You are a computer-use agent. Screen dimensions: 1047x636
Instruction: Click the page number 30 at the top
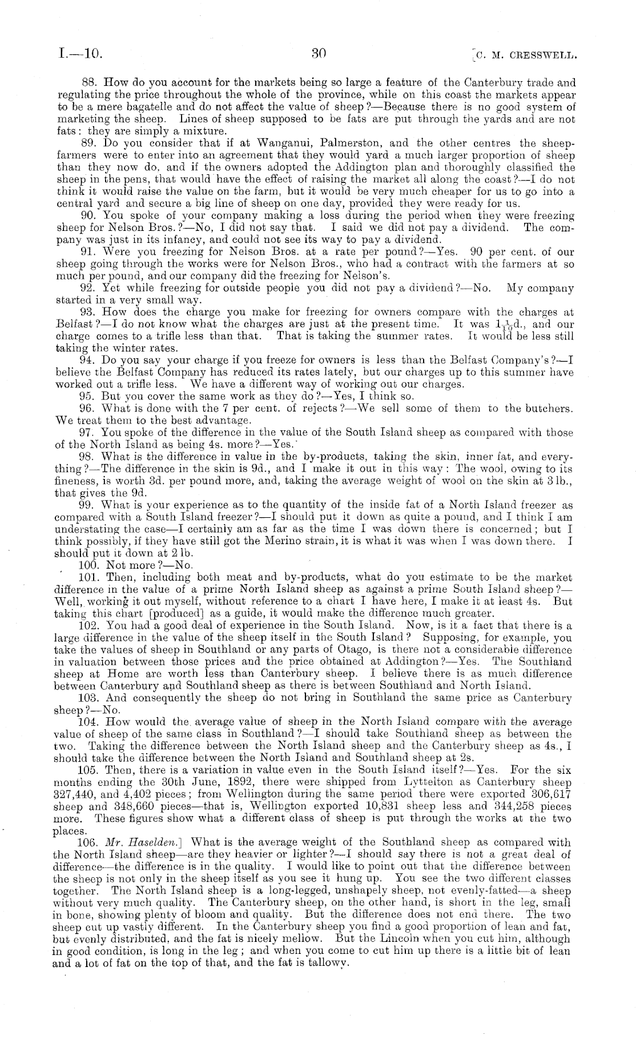[319, 54]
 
